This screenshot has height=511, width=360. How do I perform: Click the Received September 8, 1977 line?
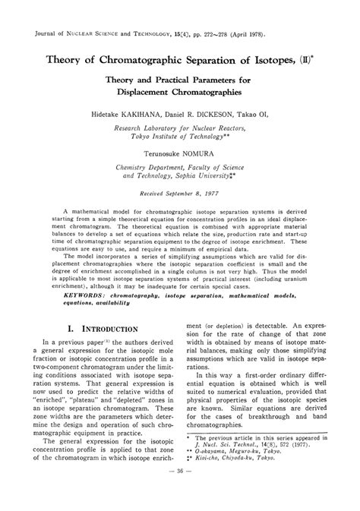click(x=180, y=194)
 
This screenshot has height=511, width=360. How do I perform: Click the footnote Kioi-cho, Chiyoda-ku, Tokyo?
click(x=255, y=479)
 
